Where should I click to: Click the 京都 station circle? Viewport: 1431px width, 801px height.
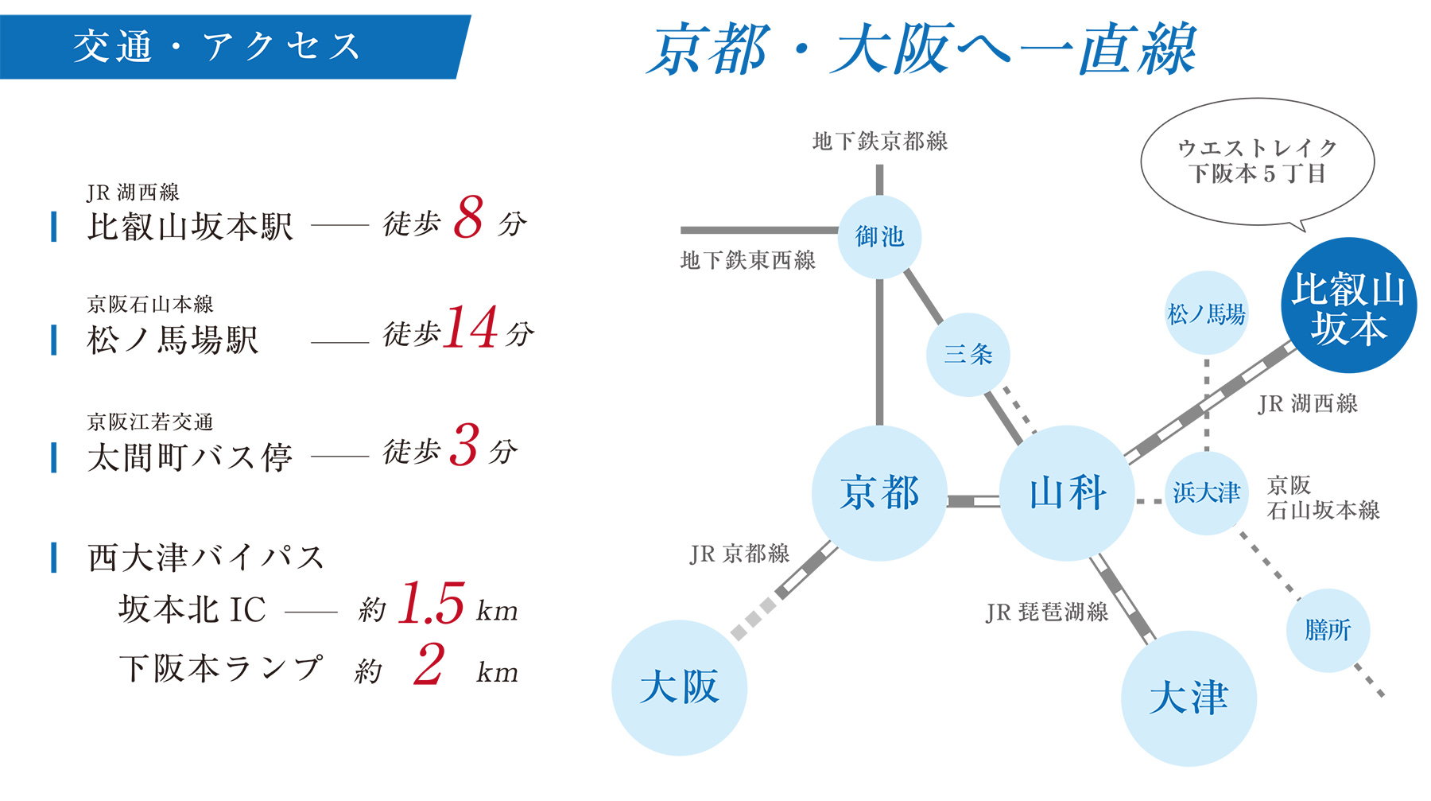[x=879, y=493]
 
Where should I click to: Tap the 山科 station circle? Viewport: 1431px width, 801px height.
[x=1067, y=493]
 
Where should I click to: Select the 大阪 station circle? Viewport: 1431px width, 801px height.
[x=679, y=688]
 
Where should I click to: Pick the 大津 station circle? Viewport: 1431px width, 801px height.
[x=1189, y=698]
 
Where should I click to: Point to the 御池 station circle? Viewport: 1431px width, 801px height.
[x=879, y=236]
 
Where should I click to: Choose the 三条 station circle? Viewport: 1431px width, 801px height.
[x=968, y=354]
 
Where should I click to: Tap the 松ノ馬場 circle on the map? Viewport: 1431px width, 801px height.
[x=1206, y=313]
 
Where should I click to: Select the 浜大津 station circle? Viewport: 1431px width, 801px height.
[x=1206, y=493]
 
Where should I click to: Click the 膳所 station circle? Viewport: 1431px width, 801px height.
[x=1327, y=630]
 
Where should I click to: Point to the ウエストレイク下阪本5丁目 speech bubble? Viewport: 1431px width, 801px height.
[x=1257, y=161]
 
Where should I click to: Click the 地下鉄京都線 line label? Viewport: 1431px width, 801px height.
[x=879, y=142]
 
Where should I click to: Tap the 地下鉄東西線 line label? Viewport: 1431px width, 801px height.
[x=747, y=260]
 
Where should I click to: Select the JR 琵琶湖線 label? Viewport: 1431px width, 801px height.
[x=1046, y=612]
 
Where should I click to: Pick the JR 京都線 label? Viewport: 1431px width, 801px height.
[x=739, y=554]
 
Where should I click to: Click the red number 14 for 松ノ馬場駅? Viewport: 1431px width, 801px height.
[x=471, y=328]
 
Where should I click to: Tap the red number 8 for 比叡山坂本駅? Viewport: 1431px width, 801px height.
[x=469, y=217]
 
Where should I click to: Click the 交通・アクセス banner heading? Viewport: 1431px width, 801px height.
[x=217, y=46]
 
